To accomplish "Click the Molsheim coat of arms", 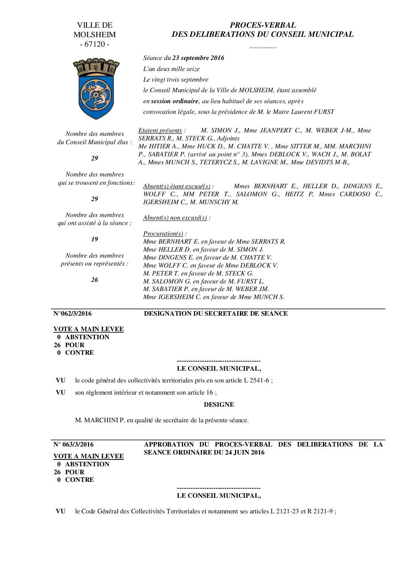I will click(96, 88).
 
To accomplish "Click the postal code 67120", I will click(95, 44).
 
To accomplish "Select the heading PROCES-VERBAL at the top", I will click(262, 25).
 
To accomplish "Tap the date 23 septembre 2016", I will click(198, 58).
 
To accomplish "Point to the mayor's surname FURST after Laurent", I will click(324, 112).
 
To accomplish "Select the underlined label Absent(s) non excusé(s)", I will click(175, 218).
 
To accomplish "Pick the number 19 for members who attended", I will click(94, 239).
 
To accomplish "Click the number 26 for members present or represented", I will click(94, 280).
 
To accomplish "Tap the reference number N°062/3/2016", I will click(72, 314).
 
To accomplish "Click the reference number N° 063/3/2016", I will click(74, 445).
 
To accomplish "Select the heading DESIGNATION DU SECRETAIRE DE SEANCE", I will click(216, 314).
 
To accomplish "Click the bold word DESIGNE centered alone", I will click(219, 405).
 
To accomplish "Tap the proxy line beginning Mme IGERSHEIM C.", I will click(213, 297).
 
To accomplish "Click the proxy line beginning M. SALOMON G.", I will click(204, 282).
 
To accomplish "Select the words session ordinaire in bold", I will click(174, 101).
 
